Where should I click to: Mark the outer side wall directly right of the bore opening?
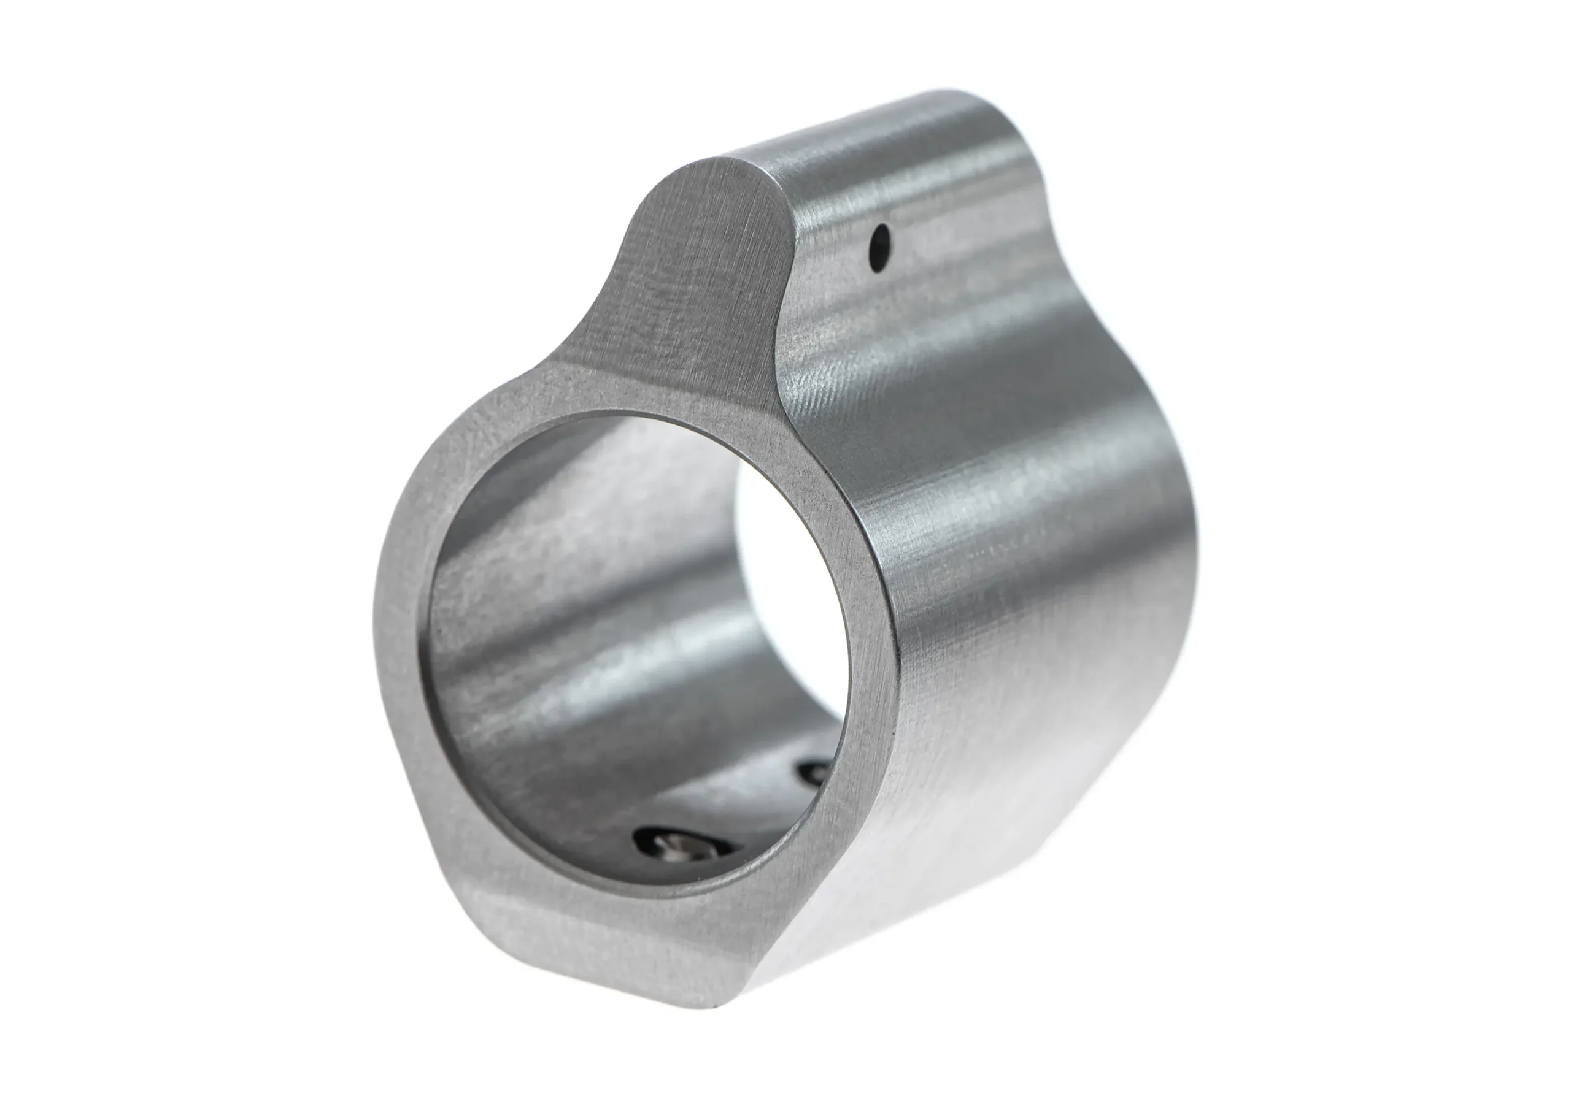pos(992,616)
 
